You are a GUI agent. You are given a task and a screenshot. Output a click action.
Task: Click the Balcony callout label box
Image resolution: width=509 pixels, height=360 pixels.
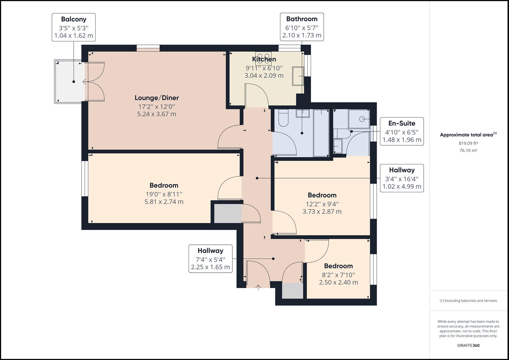pyautogui.click(x=74, y=27)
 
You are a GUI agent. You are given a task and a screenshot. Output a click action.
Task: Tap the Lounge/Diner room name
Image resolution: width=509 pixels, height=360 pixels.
pyautogui.click(x=157, y=98)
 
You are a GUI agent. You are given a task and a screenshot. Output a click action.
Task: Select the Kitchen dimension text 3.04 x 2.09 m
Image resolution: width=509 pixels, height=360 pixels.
pyautogui.click(x=264, y=76)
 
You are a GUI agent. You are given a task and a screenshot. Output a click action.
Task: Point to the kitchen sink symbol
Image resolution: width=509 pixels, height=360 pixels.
pyautogui.click(x=298, y=76)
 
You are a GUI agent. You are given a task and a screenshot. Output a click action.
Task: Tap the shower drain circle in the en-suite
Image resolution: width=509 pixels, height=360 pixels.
pyautogui.click(x=362, y=119)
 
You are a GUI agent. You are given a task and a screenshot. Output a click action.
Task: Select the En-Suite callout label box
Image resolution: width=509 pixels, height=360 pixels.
pyautogui.click(x=402, y=131)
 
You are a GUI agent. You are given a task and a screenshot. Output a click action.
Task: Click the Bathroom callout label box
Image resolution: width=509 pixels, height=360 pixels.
pyautogui.click(x=302, y=27)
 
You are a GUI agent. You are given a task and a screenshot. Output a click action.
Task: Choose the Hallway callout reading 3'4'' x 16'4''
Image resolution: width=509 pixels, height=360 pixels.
pyautogui.click(x=402, y=178)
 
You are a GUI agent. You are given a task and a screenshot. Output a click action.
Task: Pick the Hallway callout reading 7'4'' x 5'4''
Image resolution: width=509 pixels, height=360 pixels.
pyautogui.click(x=210, y=259)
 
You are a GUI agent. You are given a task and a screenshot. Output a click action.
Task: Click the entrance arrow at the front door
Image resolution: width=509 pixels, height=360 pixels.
pyautogui.click(x=258, y=287)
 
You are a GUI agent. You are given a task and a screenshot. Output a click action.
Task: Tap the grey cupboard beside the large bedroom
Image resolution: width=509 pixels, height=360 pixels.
pyautogui.click(x=228, y=213)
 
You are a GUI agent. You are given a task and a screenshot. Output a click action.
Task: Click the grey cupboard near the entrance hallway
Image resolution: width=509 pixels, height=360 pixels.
pyautogui.click(x=293, y=291)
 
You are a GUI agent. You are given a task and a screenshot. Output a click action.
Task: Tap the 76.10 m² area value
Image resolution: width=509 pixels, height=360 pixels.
pyautogui.click(x=468, y=150)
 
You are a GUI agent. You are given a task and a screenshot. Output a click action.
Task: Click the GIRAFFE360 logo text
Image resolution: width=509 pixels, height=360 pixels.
pyautogui.click(x=468, y=345)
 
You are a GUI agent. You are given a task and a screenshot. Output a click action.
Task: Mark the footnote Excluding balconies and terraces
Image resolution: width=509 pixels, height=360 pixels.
pyautogui.click(x=468, y=301)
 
